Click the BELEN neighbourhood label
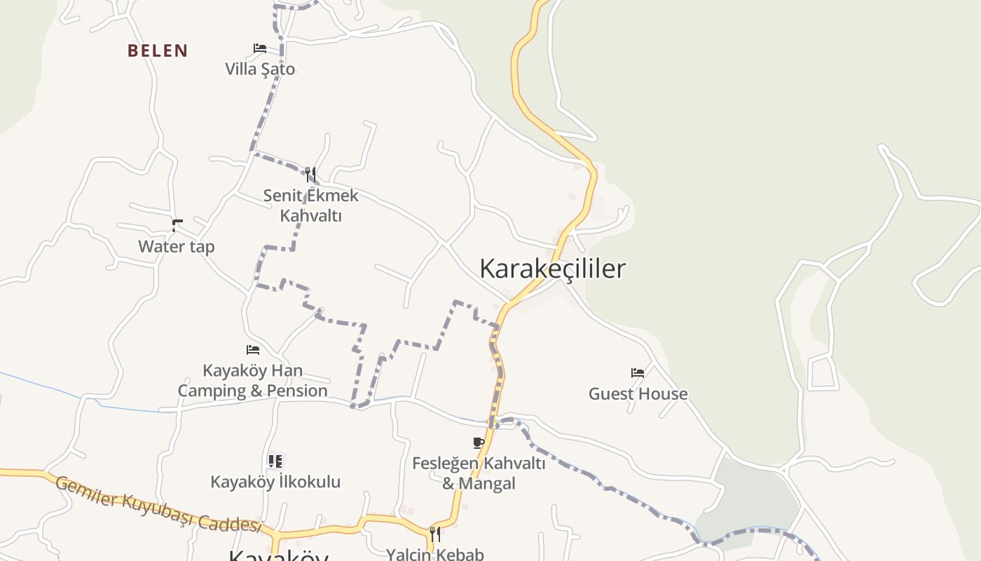point(158,50)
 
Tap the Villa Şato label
point(260,69)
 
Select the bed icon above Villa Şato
point(260,48)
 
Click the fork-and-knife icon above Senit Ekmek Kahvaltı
point(310,174)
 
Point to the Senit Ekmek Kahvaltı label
point(310,205)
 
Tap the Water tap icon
point(177,225)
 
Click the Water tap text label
point(177,246)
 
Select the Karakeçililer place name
point(552,269)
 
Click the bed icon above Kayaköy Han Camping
point(253,349)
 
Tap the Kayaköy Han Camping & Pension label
point(253,381)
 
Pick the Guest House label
point(638,393)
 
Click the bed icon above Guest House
point(638,373)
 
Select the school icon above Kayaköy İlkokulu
point(275,461)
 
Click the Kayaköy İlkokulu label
point(275,482)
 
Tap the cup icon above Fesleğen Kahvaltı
point(479,442)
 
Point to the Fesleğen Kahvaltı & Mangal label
point(479,473)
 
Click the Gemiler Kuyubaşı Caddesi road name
point(158,503)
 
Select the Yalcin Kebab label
point(434,554)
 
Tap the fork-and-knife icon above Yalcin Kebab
point(434,534)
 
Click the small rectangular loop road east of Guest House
point(823,372)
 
